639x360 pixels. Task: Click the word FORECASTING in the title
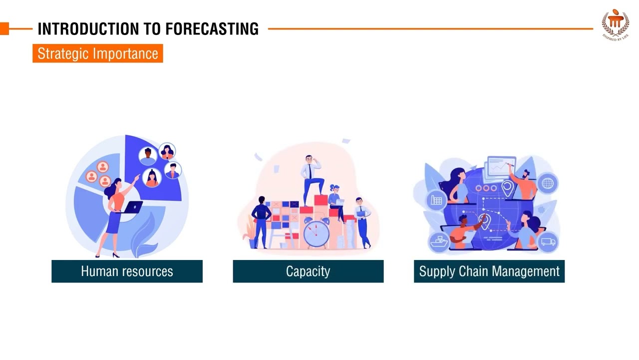212,29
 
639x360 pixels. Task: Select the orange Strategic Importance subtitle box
98,53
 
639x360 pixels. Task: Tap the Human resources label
127,271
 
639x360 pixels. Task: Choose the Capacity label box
308,271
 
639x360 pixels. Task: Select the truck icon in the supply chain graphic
548,242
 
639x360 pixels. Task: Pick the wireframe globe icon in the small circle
548,183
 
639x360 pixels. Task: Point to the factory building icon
437,200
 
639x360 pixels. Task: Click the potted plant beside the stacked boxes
249,235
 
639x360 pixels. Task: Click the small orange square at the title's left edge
4,29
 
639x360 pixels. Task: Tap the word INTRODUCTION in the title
90,29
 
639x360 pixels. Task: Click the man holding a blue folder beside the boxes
361,221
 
